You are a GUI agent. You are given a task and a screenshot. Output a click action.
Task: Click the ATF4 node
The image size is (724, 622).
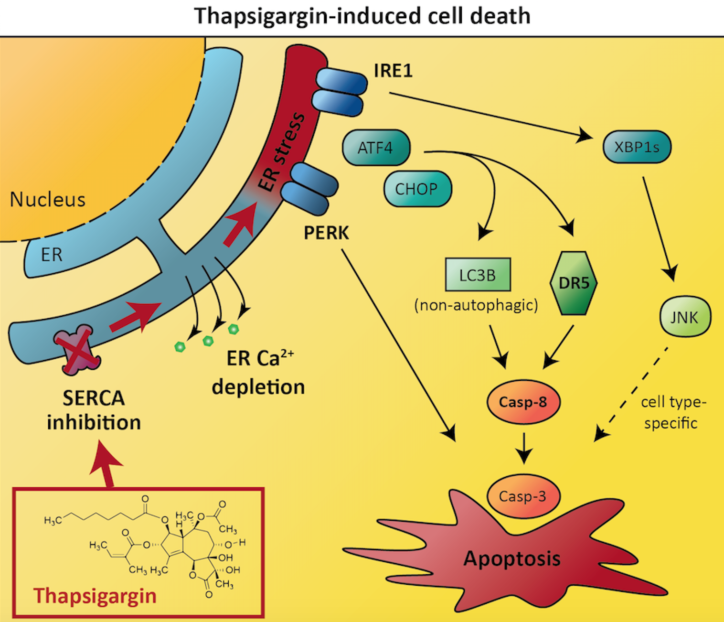coord(376,148)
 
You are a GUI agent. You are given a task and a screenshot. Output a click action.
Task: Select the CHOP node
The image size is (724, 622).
coord(417,189)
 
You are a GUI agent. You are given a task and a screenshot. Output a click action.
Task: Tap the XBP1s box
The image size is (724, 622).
coord(637,147)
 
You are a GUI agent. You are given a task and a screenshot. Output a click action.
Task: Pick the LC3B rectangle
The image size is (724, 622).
coord(478,275)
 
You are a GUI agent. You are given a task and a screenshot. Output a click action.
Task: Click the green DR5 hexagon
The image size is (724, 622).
coord(574,283)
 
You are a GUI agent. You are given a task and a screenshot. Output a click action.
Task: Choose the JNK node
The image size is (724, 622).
coord(685,317)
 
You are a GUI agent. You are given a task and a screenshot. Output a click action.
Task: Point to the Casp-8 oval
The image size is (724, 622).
coord(523,402)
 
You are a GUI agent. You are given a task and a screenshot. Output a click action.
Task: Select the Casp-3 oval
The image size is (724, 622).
coord(523,496)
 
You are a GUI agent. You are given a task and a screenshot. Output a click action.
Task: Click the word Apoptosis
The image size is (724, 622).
coord(512,558)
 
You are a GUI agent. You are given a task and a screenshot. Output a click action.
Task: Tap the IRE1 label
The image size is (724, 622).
coord(393,70)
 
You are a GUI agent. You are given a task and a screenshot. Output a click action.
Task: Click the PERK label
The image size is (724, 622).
coord(326,233)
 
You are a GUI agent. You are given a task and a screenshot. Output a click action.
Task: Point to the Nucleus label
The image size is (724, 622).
coord(48,199)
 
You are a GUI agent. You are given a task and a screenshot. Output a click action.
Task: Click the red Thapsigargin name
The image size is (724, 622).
coord(95,596)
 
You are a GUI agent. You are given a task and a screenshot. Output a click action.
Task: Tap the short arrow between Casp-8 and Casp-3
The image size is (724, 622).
coord(524,448)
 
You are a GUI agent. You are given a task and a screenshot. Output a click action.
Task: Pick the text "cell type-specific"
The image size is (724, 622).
coord(673,412)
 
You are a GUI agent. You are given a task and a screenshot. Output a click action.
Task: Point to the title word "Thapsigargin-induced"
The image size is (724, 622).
coord(308,16)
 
